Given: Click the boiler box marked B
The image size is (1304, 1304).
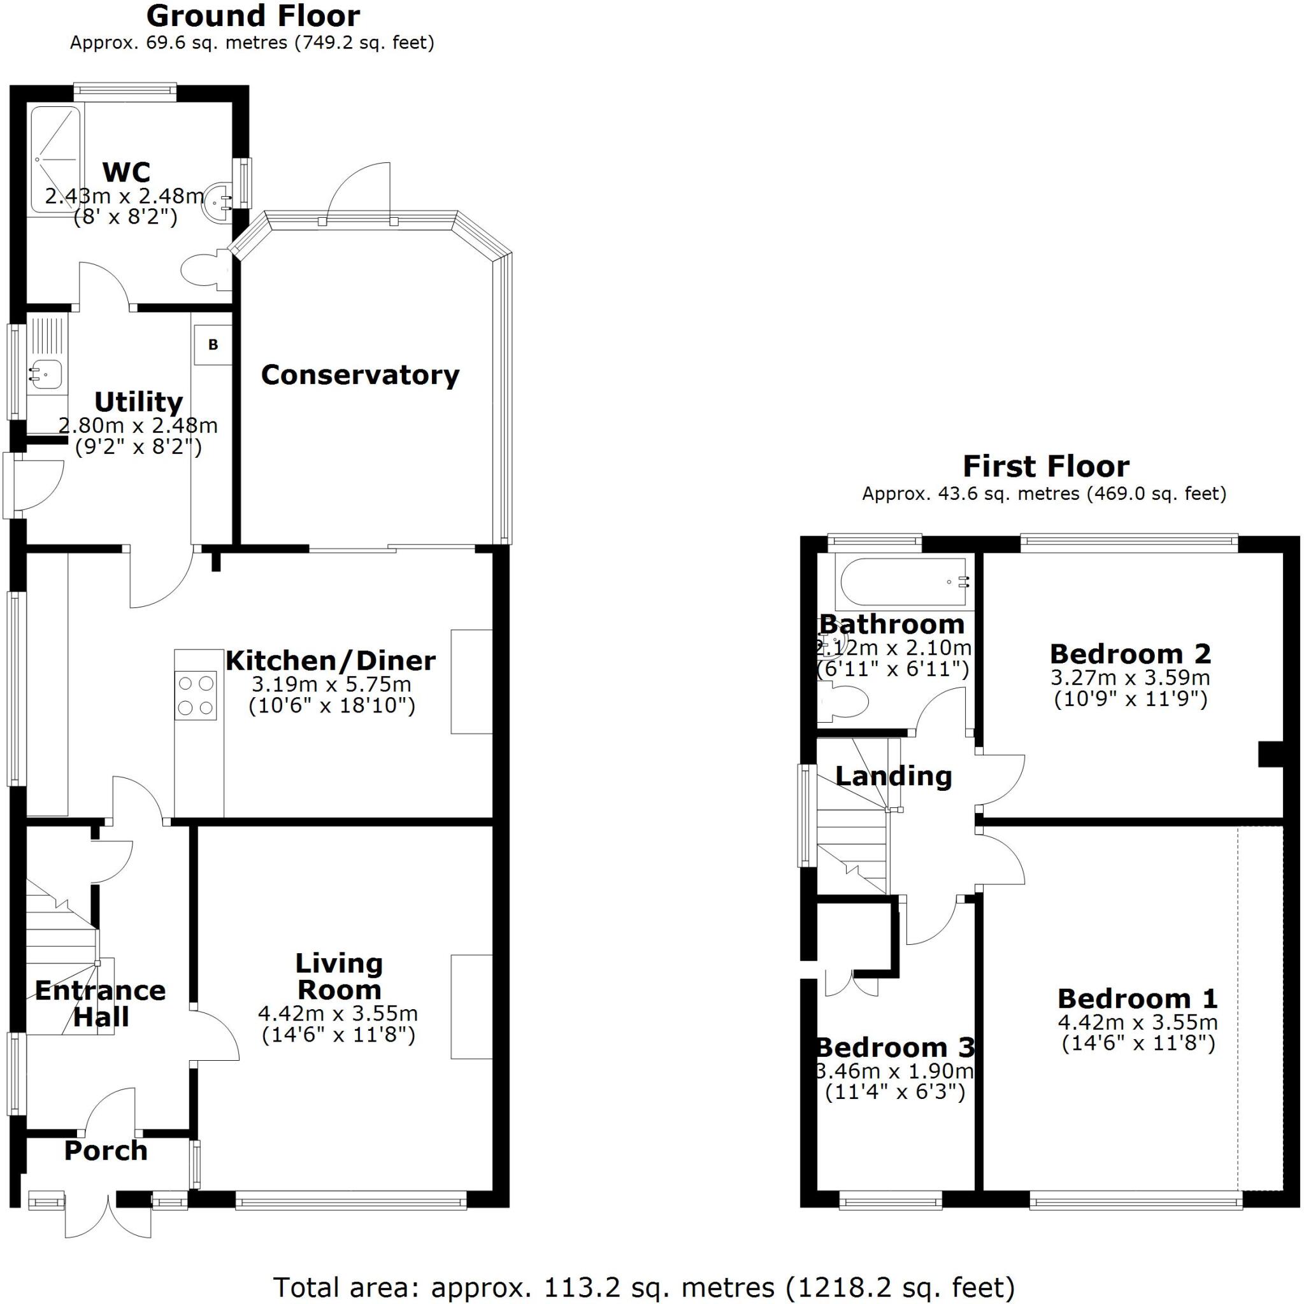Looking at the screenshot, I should point(213,344).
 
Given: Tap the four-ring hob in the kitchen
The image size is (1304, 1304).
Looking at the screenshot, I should point(196,695).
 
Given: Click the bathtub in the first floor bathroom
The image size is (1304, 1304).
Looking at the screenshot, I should point(903,581).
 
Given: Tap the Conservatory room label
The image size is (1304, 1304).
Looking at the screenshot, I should point(360,374).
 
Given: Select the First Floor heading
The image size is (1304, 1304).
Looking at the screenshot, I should point(1045,466).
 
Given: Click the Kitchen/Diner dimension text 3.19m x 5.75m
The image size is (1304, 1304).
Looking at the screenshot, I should point(331,684).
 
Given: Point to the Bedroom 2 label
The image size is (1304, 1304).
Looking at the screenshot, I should point(1131,654).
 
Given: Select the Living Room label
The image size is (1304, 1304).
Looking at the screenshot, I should point(339,977).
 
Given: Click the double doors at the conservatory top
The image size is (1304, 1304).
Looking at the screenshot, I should point(359,195).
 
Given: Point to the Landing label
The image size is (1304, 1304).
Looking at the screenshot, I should point(893,776).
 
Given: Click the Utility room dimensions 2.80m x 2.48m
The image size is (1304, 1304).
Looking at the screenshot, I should point(138,425).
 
